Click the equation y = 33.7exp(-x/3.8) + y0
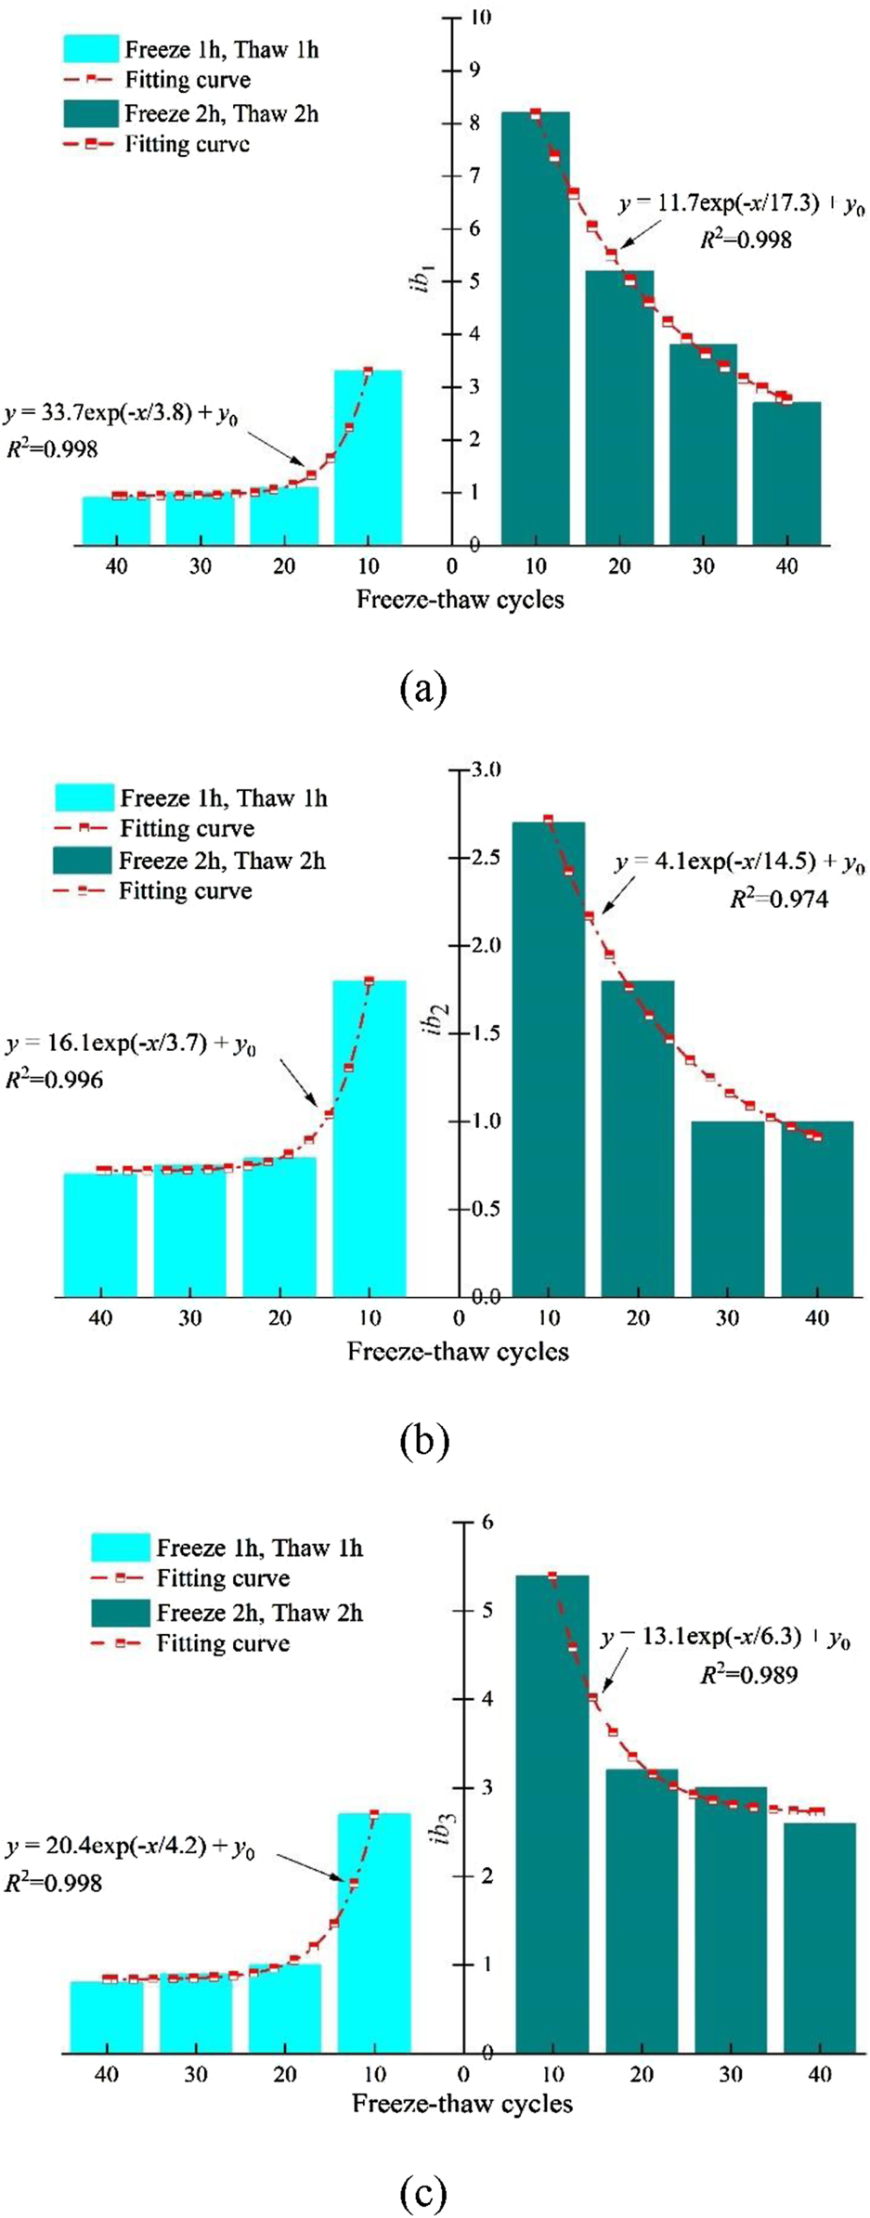(x=121, y=414)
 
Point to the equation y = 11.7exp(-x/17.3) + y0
(x=741, y=205)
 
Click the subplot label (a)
(x=423, y=689)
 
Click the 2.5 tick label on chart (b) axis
(x=487, y=857)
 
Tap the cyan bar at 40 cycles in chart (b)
(x=100, y=1235)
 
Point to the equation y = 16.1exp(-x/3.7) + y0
(x=130, y=1045)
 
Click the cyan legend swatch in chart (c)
(x=120, y=1548)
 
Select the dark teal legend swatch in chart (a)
(x=91, y=113)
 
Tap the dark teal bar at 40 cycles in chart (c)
(x=819, y=1940)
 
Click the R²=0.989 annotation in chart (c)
(x=748, y=1674)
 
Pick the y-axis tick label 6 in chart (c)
(x=488, y=1522)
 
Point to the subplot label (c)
(x=423, y=2194)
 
